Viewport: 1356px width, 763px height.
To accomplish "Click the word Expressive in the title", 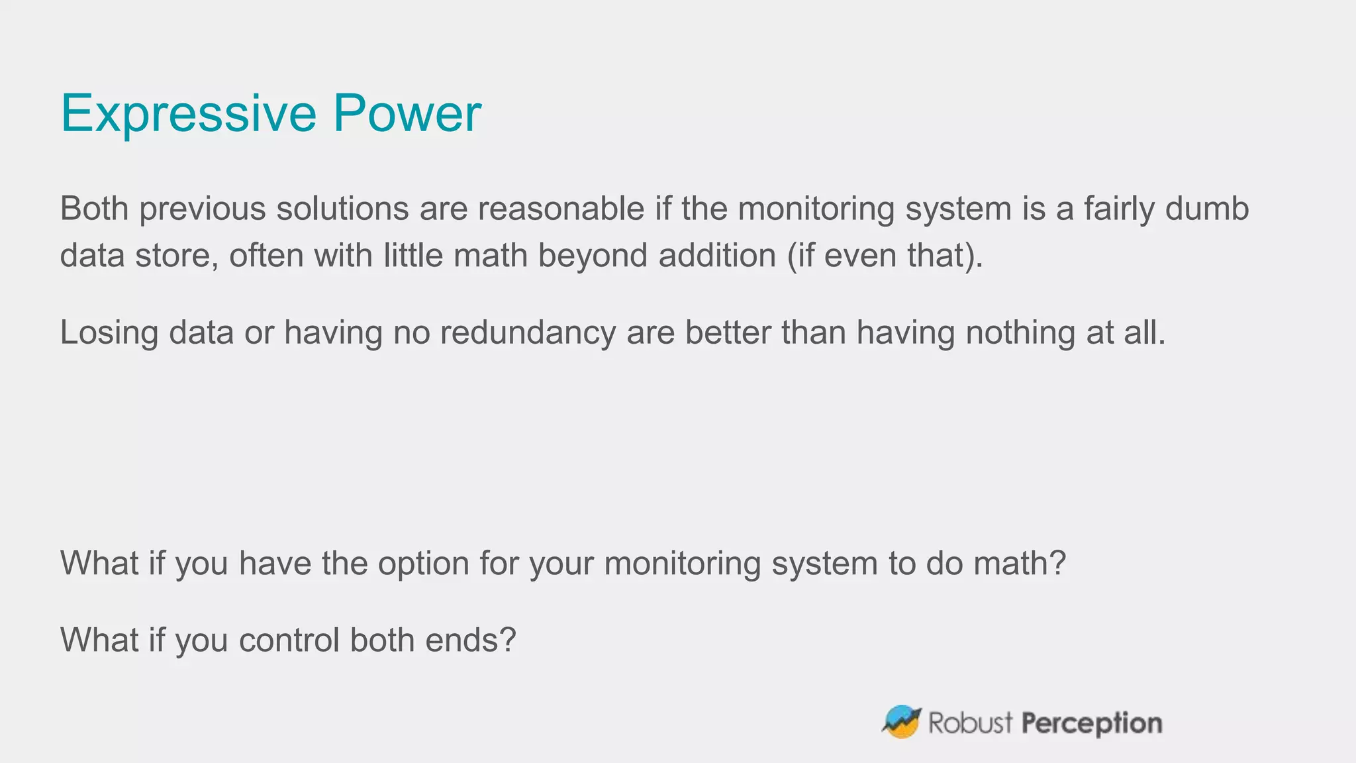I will pyautogui.click(x=189, y=114).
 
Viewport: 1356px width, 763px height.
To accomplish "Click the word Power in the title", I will pyautogui.click(x=407, y=113).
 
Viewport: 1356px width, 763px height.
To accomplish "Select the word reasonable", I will pyautogui.click(x=561, y=209).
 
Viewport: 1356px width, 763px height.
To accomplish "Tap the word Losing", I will pyautogui.click(x=109, y=332).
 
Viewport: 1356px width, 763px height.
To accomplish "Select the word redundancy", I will pyautogui.click(x=528, y=332).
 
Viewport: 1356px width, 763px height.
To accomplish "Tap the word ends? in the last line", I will pyautogui.click(x=470, y=640).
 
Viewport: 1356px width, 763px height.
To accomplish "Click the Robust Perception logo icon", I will pyautogui.click(x=902, y=722).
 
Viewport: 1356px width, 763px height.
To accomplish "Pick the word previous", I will pyautogui.click(x=202, y=209).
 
